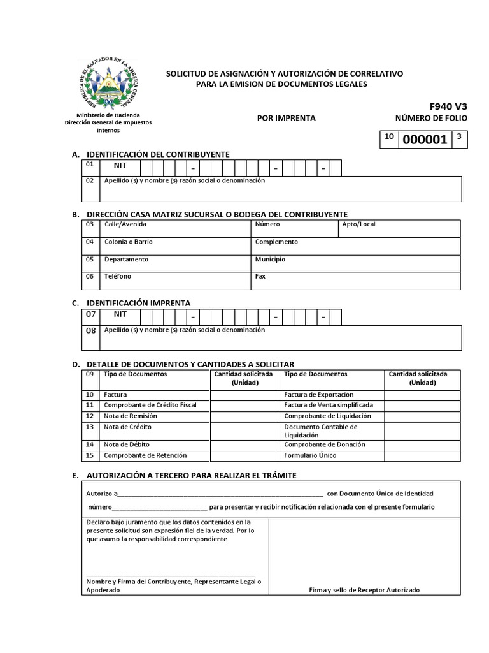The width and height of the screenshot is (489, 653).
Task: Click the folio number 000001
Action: [x=423, y=140]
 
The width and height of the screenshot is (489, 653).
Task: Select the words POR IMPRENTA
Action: [x=286, y=118]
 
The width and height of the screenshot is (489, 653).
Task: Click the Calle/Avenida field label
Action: [x=125, y=224]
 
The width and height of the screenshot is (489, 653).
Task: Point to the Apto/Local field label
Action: [x=358, y=224]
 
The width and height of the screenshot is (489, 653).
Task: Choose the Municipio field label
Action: [x=270, y=260]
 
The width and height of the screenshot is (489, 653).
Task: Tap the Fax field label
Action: [x=260, y=277]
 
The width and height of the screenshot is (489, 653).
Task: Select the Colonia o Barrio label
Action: [x=128, y=242]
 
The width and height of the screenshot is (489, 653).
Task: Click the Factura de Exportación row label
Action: [x=318, y=395]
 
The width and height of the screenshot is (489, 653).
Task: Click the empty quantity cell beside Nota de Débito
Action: [x=245, y=444]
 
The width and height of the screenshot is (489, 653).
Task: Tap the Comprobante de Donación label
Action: [x=324, y=444]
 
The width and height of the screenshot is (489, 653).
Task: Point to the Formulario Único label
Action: [x=310, y=455]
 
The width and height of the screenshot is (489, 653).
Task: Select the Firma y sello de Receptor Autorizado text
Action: [x=364, y=591]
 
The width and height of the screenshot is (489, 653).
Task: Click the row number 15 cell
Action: [x=90, y=455]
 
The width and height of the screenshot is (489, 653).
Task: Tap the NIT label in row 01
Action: [x=120, y=166]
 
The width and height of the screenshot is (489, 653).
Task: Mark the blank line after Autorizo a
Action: [x=220, y=494]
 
